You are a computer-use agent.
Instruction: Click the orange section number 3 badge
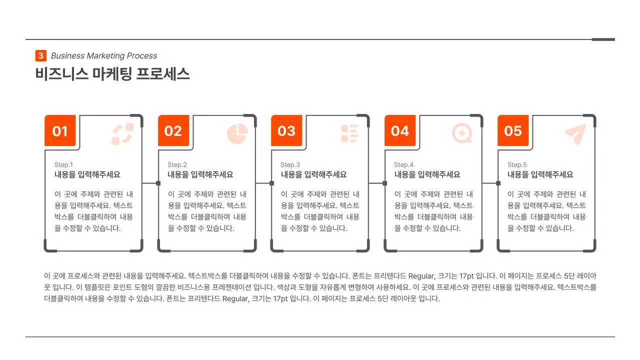tap(40, 56)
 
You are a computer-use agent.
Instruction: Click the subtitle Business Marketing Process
tap(104, 56)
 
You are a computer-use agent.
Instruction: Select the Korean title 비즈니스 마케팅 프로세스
tap(112, 74)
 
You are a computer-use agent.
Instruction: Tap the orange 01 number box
tap(60, 131)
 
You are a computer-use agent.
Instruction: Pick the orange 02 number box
tap(173, 131)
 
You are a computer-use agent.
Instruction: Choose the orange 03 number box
tap(286, 131)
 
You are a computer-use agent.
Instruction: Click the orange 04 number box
tap(400, 131)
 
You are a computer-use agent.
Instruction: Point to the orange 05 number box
tap(513, 131)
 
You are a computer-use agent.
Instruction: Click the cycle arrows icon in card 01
tap(122, 134)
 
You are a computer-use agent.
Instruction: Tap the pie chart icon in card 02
tap(237, 133)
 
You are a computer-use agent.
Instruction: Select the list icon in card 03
tap(349, 133)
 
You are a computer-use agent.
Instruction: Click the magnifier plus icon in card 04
tap(462, 133)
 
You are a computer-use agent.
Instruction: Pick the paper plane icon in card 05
tap(575, 134)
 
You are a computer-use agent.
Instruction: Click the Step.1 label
tap(63, 165)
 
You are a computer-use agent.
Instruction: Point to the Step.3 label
tap(290, 165)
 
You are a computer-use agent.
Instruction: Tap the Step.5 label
tap(517, 165)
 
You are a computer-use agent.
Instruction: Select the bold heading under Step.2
tap(200, 175)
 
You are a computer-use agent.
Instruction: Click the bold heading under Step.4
tap(427, 175)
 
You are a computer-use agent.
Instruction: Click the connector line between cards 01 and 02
tap(150, 183)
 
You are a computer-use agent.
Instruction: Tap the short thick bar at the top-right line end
tap(603, 39)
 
